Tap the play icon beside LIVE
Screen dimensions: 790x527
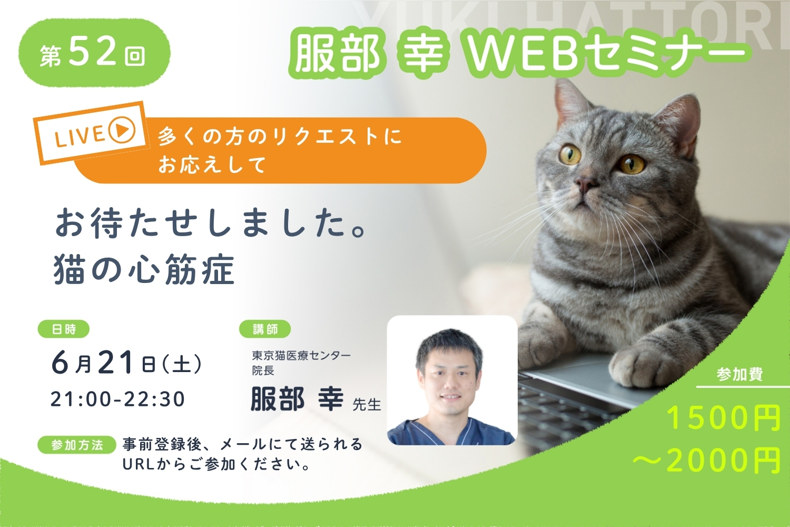coord(122,130)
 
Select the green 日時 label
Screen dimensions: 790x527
coord(64,329)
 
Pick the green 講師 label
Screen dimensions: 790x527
coord(265,329)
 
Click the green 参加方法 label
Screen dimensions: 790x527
coord(77,445)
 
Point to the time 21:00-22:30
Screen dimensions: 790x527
coord(118,399)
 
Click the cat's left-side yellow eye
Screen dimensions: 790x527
coord(570,154)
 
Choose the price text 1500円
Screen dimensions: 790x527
coord(724,418)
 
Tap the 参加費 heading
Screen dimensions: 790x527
coord(739,374)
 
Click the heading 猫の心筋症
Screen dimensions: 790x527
coord(144,269)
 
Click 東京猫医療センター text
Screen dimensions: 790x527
coord(301,355)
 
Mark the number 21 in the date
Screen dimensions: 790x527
coord(116,362)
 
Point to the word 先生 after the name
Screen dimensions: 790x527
coord(367,405)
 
